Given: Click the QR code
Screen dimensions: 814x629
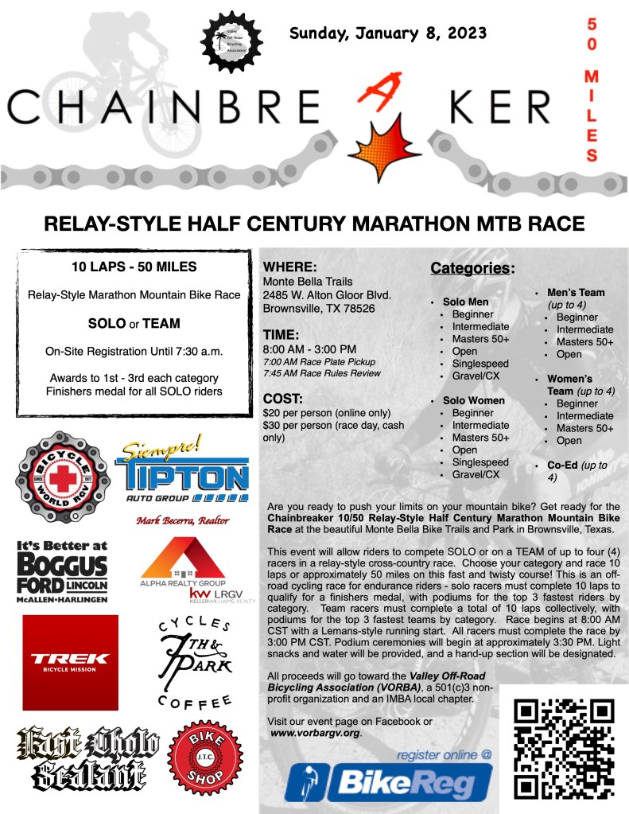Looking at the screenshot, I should (x=564, y=748).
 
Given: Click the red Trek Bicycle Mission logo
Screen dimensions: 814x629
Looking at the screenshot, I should (x=70, y=659).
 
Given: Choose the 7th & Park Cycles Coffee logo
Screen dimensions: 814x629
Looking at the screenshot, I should (x=193, y=660).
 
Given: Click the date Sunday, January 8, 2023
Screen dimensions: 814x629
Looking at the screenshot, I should (x=388, y=33).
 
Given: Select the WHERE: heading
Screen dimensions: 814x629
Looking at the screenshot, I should (x=290, y=267).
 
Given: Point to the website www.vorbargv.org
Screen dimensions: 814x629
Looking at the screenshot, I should (x=316, y=732).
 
